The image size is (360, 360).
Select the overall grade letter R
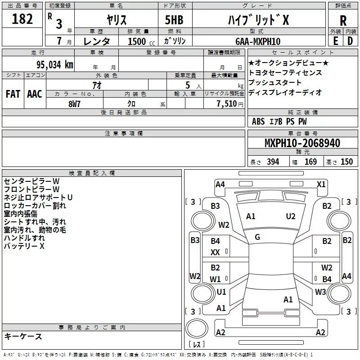click(x=343, y=20)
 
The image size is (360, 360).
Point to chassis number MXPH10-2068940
click(x=302, y=143)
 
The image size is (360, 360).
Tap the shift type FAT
click(x=13, y=94)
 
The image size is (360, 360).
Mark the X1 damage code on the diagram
click(x=321, y=184)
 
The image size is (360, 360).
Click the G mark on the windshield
click(x=257, y=237)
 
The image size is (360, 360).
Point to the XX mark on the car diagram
click(x=216, y=253)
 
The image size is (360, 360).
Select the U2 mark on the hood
click(x=291, y=216)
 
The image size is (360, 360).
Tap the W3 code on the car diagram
click(x=320, y=292)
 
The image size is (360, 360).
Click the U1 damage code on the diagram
click(x=221, y=292)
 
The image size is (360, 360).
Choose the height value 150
click(x=346, y=162)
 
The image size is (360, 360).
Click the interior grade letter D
click(x=350, y=41)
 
